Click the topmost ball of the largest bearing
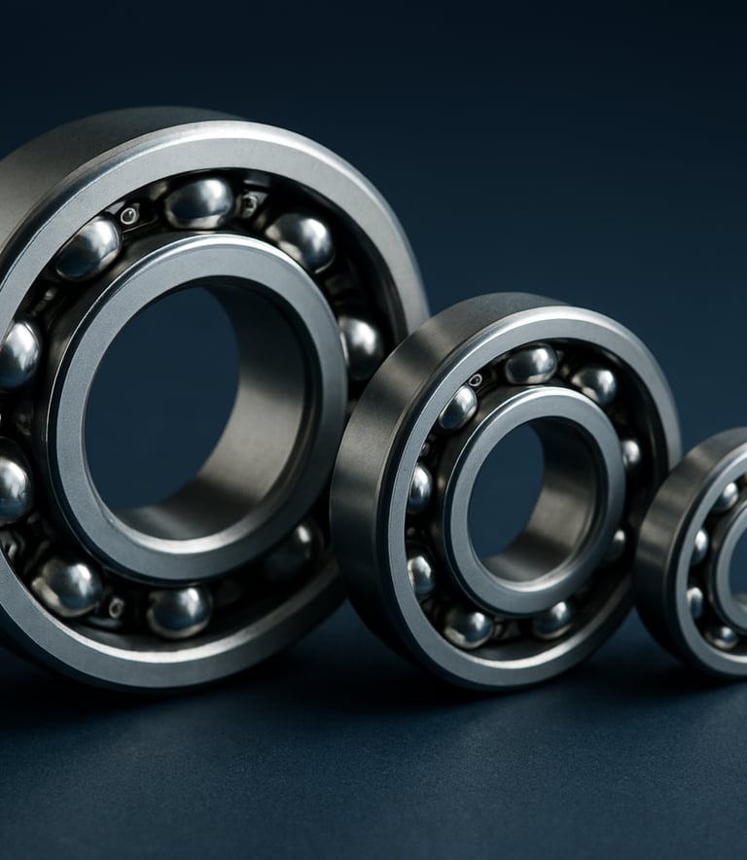(199, 201)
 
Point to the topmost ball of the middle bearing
(530, 364)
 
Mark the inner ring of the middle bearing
(457, 545)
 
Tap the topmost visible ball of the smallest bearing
(726, 497)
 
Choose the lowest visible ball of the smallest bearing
(722, 637)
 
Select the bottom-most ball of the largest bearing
(179, 610)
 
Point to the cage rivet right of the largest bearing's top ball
(249, 203)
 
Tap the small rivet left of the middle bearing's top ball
(476, 379)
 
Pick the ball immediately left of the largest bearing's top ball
(89, 248)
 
